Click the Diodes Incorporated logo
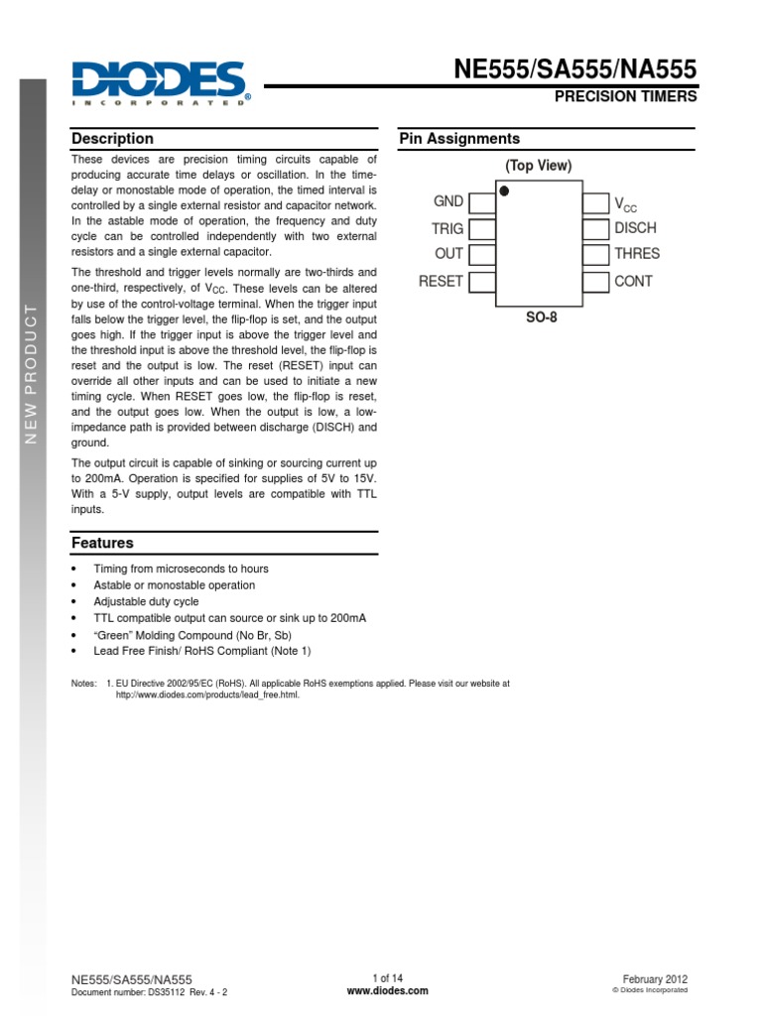(160, 83)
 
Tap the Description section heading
(112, 139)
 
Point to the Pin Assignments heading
(459, 139)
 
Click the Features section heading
(102, 543)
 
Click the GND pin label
(448, 201)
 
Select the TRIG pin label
(447, 228)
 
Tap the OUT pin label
(449, 254)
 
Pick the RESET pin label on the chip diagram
(441, 281)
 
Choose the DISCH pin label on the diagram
(635, 228)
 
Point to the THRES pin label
(637, 254)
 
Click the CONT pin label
(634, 281)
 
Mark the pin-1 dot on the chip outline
(505, 191)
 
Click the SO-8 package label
(539, 319)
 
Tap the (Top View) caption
(539, 166)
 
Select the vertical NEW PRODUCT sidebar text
(32, 373)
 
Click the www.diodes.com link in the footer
(388, 990)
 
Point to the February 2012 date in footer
(655, 977)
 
